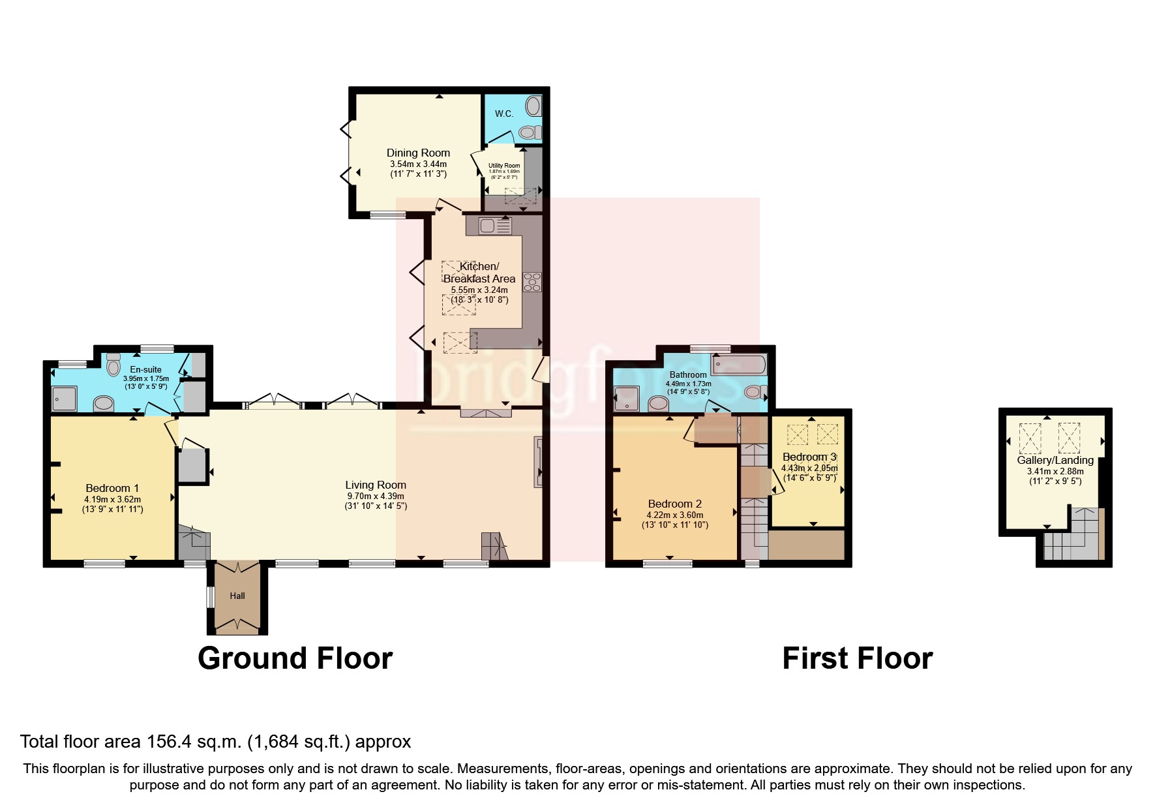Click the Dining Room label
coord(418,153)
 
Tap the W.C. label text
coord(503,114)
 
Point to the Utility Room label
coord(504,166)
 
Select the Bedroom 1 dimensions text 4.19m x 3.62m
coord(112,499)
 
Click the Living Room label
coord(376,485)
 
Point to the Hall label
coord(237,596)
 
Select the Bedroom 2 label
coord(674,504)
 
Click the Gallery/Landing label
coord(1055,460)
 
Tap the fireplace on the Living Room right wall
coord(538,461)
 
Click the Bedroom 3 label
coord(809,457)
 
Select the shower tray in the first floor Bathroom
coord(626,399)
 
